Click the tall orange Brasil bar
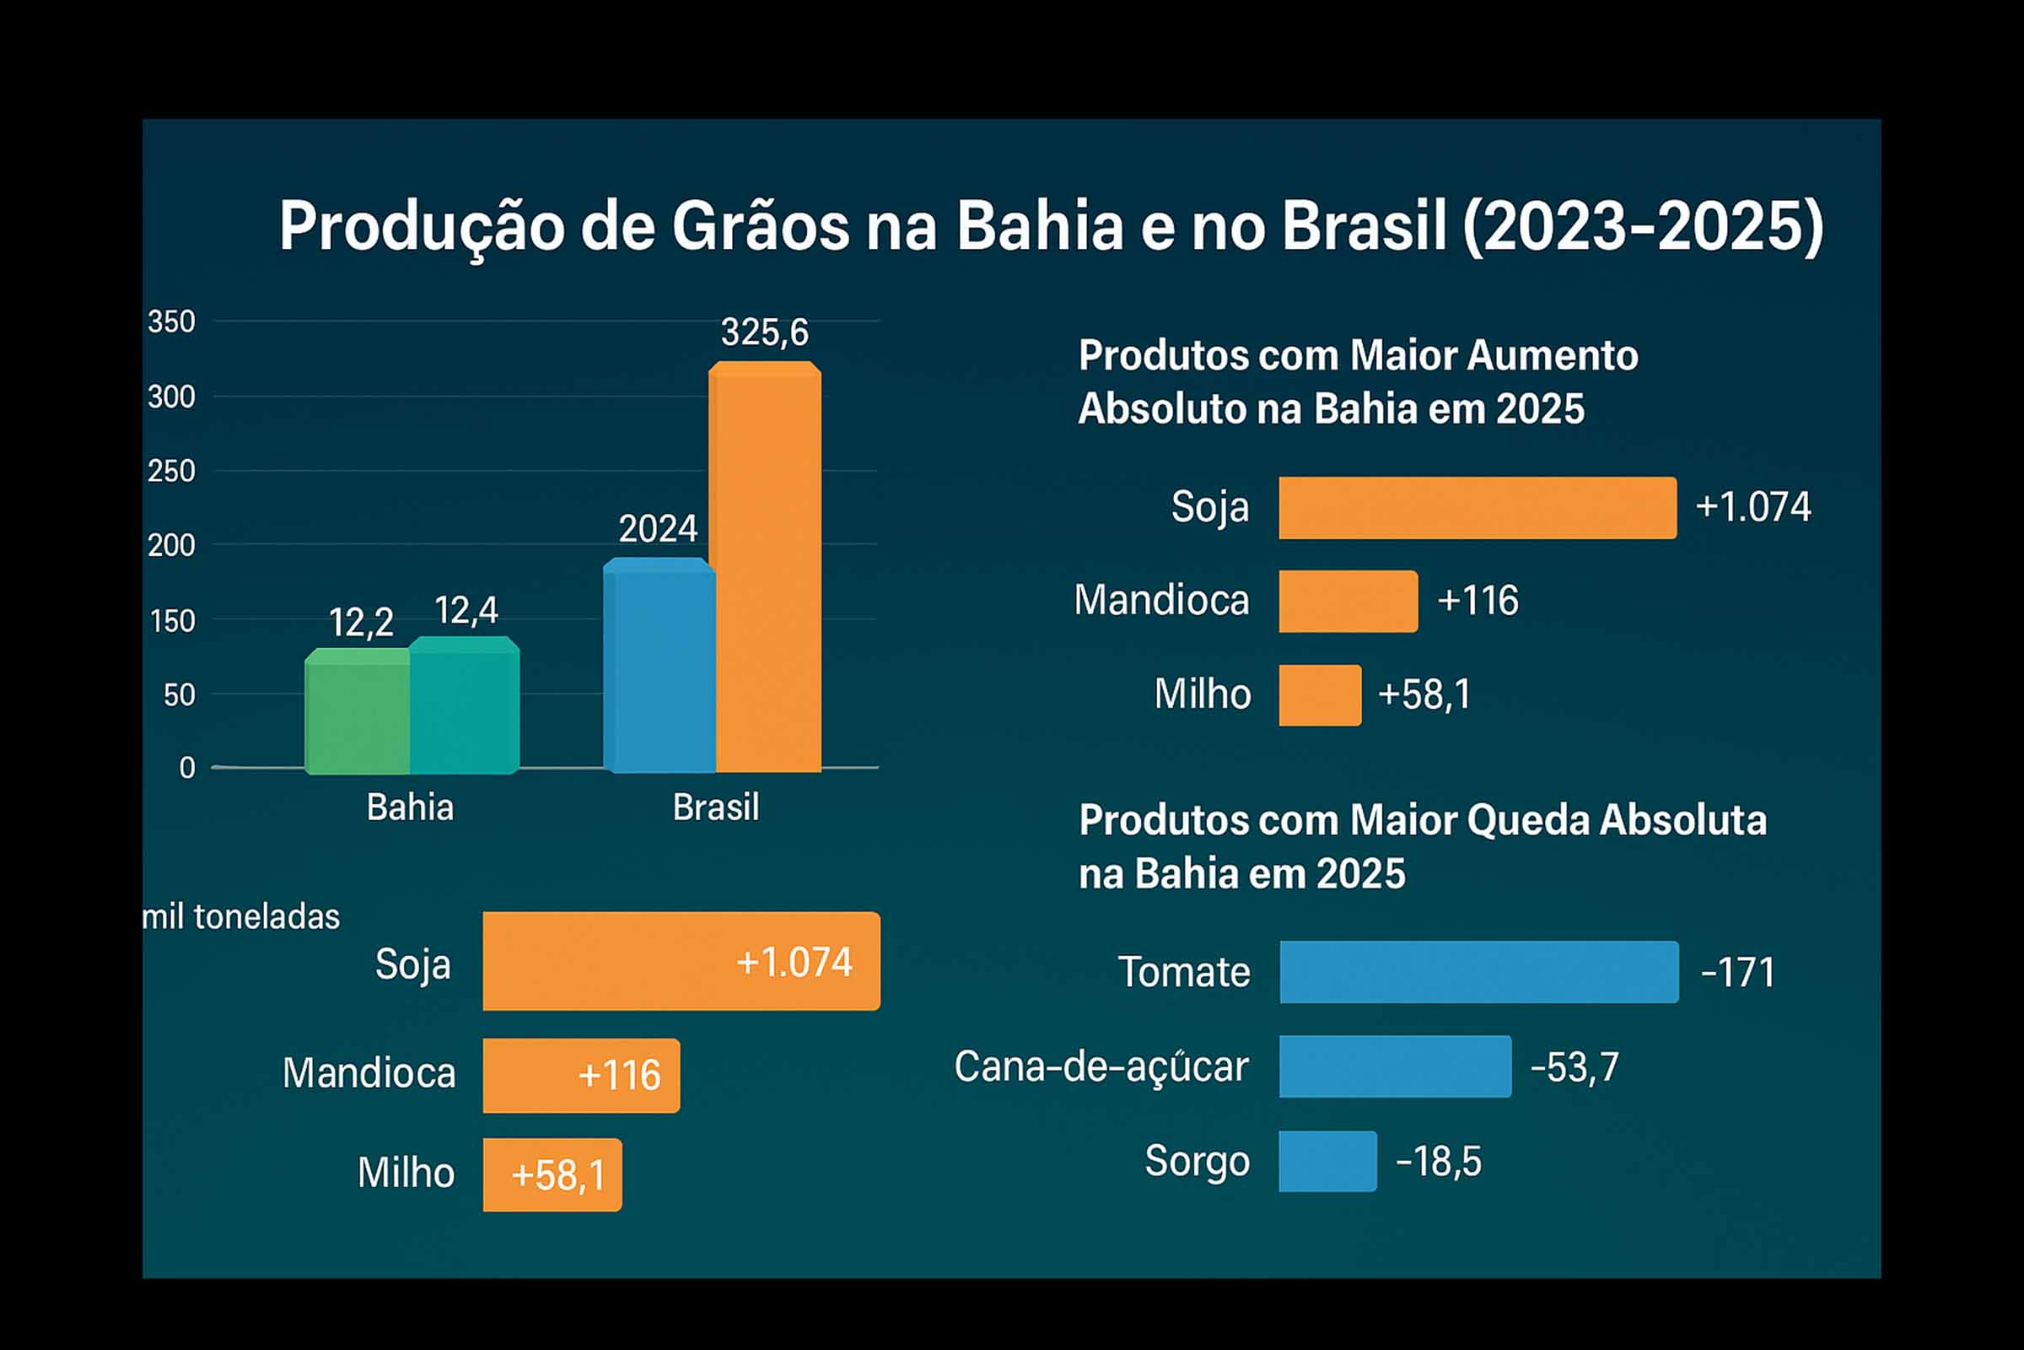[x=765, y=568]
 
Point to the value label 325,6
[x=764, y=332]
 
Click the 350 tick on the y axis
[x=171, y=322]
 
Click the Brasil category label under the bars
[x=715, y=807]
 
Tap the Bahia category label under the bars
[x=410, y=807]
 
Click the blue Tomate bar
[x=1478, y=972]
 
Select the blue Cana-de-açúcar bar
[x=1395, y=1066]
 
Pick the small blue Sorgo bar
[x=1327, y=1162]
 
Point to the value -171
[x=1736, y=973]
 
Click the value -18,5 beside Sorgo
[x=1438, y=1162]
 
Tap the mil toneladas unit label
[x=241, y=917]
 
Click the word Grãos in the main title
[x=760, y=226]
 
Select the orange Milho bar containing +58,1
[x=552, y=1174]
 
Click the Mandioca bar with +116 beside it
[x=1348, y=601]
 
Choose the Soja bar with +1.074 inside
[x=681, y=961]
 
